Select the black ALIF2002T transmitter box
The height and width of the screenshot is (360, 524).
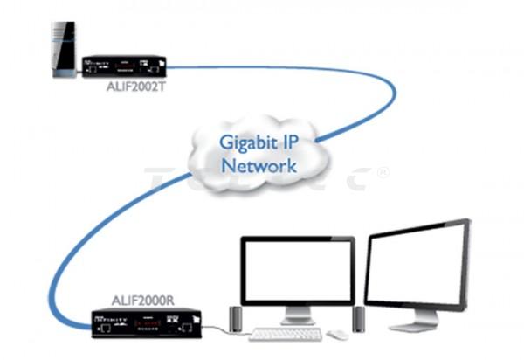pyautogui.click(x=124, y=66)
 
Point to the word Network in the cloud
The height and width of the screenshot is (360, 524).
pyautogui.click(x=259, y=165)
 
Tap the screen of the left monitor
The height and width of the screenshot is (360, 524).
pyautogui.click(x=297, y=273)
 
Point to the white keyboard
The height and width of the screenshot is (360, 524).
pyautogui.click(x=286, y=334)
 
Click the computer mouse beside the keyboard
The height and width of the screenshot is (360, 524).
pyautogui.click(x=337, y=335)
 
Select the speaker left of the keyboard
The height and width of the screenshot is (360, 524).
pyautogui.click(x=235, y=320)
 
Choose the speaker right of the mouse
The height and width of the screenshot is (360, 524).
pyautogui.click(x=359, y=319)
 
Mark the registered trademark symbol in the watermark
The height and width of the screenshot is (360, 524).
pyautogui.click(x=383, y=173)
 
